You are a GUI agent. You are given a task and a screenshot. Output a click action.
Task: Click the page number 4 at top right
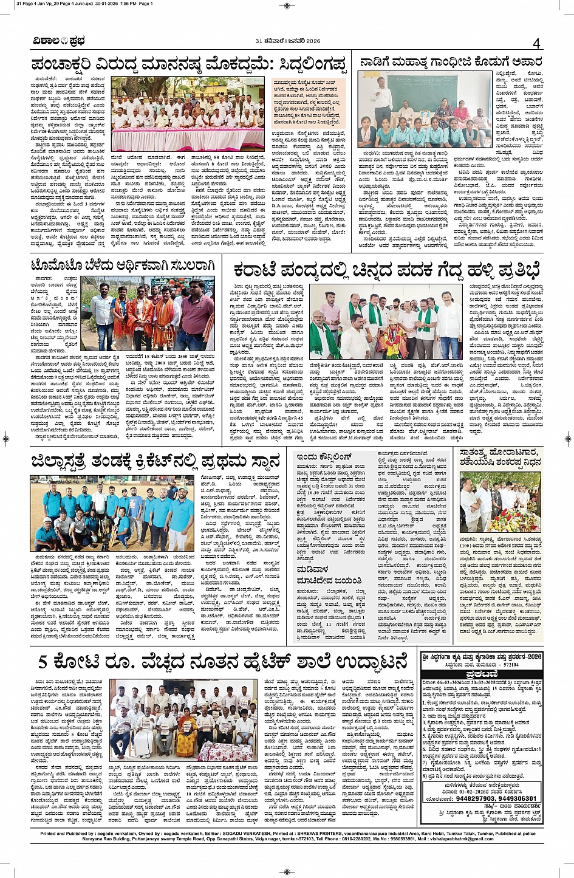tap(536, 43)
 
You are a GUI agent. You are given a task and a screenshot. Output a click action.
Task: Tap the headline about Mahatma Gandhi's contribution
tap(450, 61)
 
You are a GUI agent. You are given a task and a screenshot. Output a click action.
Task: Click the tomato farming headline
tap(123, 266)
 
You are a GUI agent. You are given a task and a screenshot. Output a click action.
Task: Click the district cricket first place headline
tap(155, 461)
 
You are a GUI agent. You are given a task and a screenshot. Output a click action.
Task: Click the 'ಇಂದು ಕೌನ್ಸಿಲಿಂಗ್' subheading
tap(324, 456)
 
